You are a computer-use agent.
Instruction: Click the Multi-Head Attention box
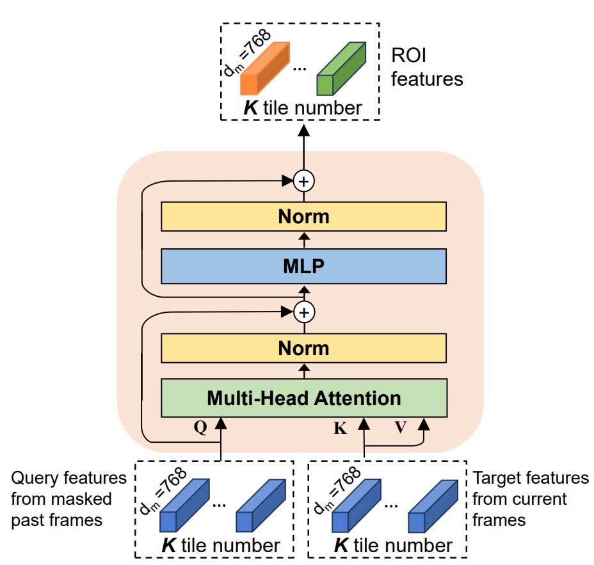303,398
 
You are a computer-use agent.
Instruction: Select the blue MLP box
303,266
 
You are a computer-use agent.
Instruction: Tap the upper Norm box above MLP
303,216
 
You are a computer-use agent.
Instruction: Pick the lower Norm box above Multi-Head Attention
303,349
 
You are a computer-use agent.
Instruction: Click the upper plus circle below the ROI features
304,182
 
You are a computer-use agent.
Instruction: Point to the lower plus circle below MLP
304,313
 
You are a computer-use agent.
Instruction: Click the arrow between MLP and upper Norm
304,240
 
